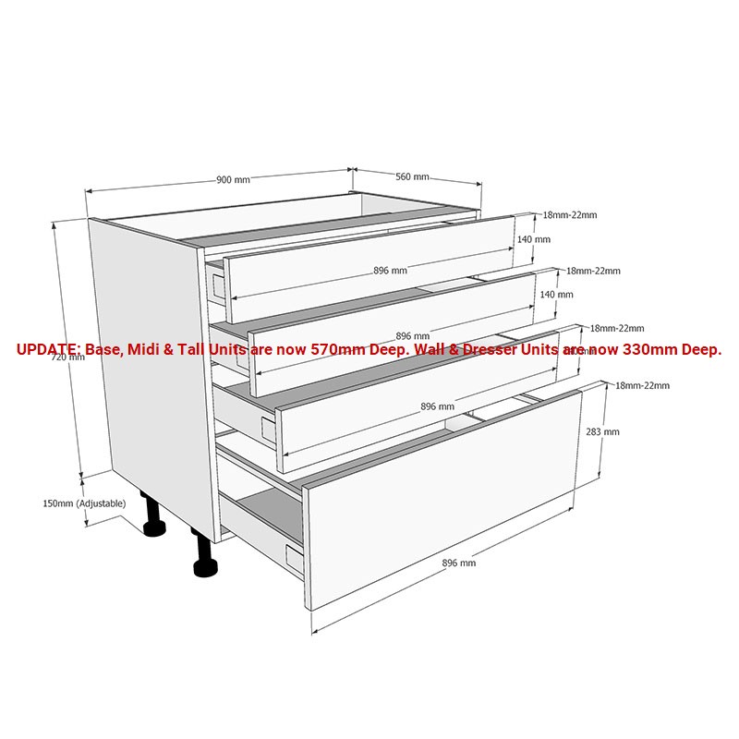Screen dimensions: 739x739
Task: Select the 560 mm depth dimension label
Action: coord(413,176)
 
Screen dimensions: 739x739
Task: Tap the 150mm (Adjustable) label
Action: coord(84,503)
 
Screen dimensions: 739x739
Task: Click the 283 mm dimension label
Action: coord(603,431)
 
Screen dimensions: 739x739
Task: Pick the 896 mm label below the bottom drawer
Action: coord(459,563)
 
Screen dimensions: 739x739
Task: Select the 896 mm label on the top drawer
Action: coord(390,271)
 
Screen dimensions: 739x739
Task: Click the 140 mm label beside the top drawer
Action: coord(534,239)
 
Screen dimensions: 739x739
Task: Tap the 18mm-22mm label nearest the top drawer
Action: coord(569,215)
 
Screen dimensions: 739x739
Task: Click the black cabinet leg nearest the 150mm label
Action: coord(152,517)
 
